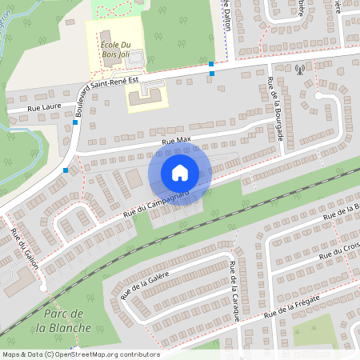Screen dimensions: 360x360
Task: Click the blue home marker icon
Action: coord(180,173)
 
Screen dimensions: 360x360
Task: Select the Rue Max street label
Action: coord(177,141)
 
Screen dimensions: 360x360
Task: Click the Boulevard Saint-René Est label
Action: coord(111,84)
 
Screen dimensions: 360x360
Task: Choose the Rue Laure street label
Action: coord(44,106)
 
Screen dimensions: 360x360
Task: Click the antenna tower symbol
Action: coord(300,69)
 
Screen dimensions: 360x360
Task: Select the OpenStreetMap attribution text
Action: coord(80,354)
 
